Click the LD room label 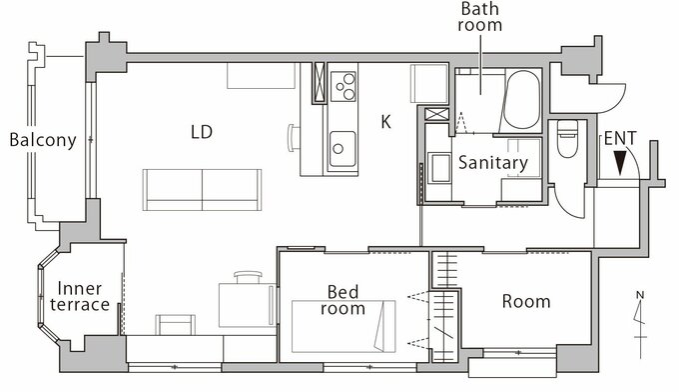pos(202,132)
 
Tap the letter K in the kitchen pos(385,122)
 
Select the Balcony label pos(43,140)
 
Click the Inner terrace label pos(80,296)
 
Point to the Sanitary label pos(493,163)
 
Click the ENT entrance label pos(620,139)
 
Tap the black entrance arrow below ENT pos(620,163)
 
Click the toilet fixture pos(567,138)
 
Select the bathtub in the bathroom pos(522,100)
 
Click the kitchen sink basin pos(342,149)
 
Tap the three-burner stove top pos(342,86)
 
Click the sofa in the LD pos(202,190)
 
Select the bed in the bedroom pos(343,326)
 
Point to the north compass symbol pos(640,324)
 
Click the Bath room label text pos(480,17)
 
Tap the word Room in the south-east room pos(526,301)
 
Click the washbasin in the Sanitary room pos(439,167)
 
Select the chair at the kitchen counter pos(294,138)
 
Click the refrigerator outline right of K pos(429,84)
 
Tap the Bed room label pos(342,300)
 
